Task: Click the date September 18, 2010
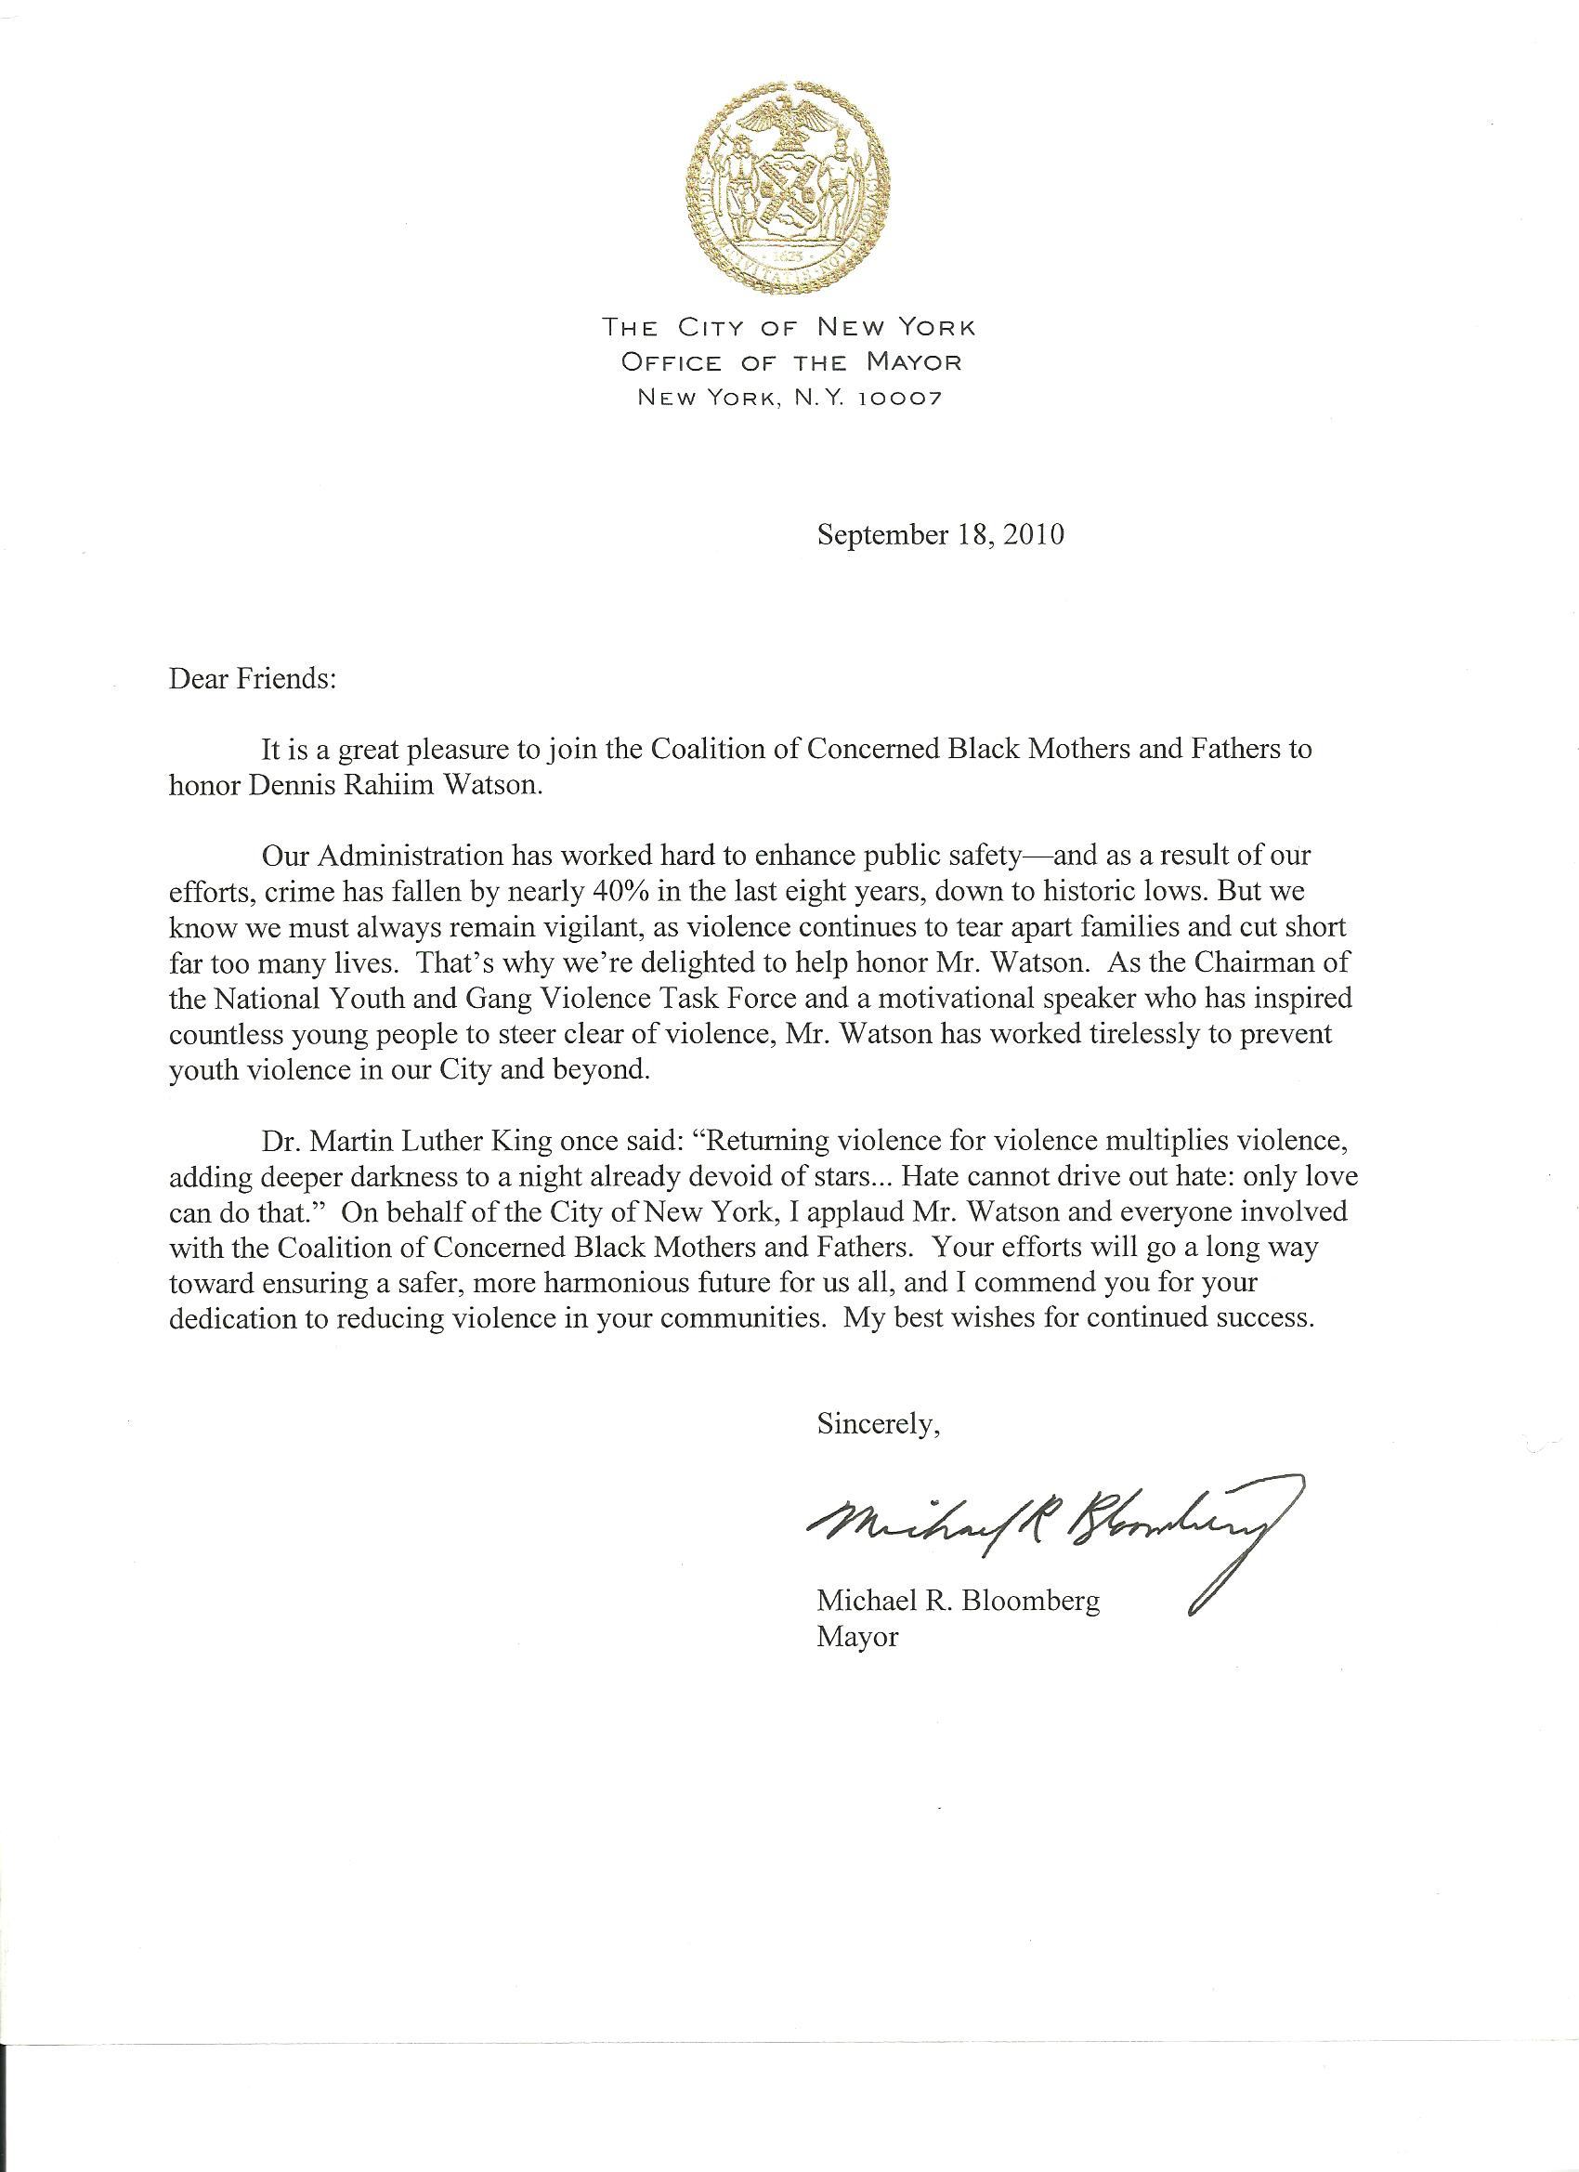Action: (x=940, y=534)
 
